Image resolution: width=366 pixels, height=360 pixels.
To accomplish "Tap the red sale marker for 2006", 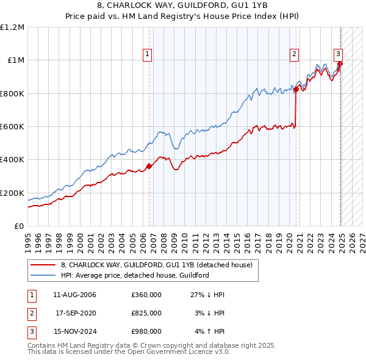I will (x=149, y=166).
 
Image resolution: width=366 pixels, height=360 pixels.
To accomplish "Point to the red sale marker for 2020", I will (x=296, y=89).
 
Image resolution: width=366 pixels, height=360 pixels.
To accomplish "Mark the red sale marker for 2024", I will (x=340, y=63).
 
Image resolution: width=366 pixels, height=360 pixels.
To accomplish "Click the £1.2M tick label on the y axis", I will (x=12, y=27).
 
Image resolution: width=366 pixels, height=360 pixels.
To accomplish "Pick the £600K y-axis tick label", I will (x=12, y=127).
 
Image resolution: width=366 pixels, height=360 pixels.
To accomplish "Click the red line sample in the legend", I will (x=43, y=265).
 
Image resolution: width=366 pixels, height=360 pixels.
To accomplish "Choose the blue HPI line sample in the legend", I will (x=43, y=275).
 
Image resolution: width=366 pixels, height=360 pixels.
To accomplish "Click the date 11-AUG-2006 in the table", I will (x=75, y=295).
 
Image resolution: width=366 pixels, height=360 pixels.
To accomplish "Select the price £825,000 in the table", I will (x=146, y=313).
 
